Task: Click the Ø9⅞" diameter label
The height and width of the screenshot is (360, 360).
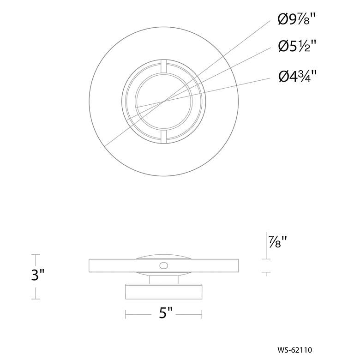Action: (x=295, y=19)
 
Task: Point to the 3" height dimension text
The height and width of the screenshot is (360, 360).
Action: (x=38, y=275)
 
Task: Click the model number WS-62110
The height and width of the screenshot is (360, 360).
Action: (x=294, y=350)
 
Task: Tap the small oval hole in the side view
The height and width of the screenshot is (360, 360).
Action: (x=164, y=266)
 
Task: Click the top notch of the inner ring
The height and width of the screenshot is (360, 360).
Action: (x=164, y=66)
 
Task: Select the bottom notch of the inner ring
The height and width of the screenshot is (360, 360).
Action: (x=164, y=137)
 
